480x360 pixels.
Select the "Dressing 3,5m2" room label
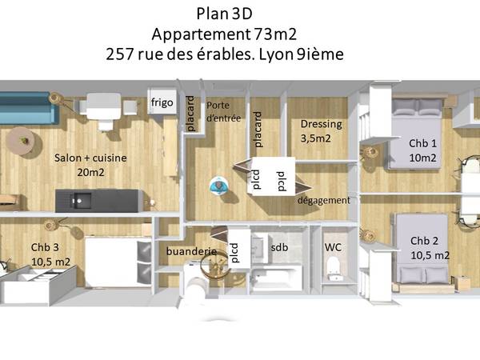321,131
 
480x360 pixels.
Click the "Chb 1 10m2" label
422,150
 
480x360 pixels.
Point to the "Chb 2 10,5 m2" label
430,248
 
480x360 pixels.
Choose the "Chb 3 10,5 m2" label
50,254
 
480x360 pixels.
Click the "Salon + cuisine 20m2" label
90,165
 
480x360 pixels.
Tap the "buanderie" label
191,251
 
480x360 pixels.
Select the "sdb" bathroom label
279,247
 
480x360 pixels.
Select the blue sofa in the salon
25,109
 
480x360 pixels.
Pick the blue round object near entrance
218,186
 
